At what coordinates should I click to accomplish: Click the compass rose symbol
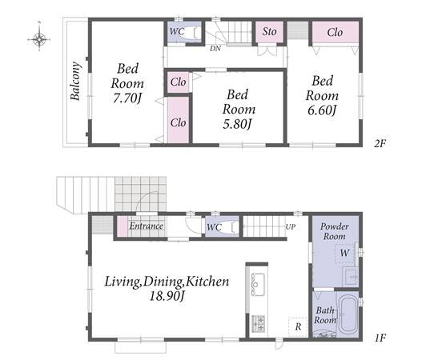coord(39,39)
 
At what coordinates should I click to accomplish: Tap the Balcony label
coord(75,82)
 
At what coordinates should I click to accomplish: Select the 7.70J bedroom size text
coord(127,98)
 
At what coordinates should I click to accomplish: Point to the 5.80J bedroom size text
coord(237,124)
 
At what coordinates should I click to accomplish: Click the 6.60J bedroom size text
coord(322,110)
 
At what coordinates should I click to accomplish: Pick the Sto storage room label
coord(269,31)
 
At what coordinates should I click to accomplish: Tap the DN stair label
coord(215,49)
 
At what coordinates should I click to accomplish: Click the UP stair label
coord(291,227)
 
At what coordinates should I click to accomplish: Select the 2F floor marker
coord(380,143)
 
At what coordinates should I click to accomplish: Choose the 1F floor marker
coord(380,338)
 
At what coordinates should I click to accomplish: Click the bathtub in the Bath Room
coord(348,314)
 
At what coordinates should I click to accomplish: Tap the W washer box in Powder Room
coord(344,253)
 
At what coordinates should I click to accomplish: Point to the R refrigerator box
coord(298,326)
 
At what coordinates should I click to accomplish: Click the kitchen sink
coord(258,284)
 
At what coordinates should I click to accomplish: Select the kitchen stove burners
coord(258,324)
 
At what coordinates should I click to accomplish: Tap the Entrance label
coord(147,226)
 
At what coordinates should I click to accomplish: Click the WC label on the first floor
coord(214,227)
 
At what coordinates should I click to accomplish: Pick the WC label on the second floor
coord(177,31)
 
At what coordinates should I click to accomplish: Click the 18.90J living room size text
coord(167,296)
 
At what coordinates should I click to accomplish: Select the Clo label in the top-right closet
coord(335,33)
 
